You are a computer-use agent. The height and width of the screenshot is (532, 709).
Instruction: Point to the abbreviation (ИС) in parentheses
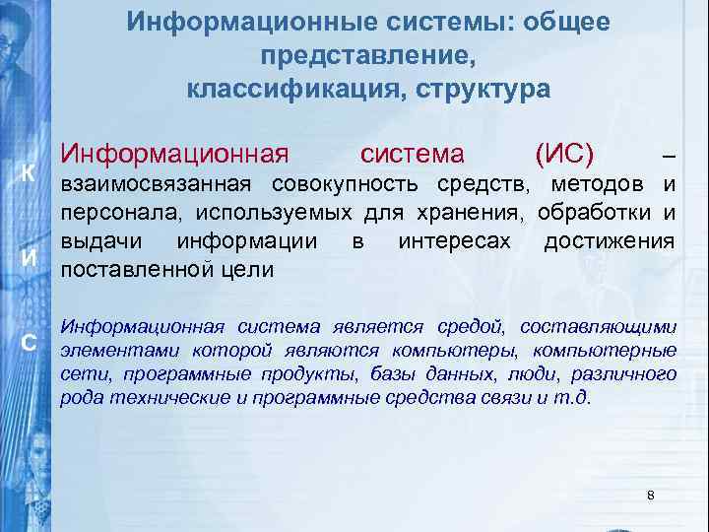click(x=562, y=154)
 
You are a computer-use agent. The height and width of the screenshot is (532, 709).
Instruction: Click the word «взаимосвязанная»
click(x=159, y=183)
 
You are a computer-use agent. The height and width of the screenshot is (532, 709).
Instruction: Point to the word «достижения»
click(x=609, y=242)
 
